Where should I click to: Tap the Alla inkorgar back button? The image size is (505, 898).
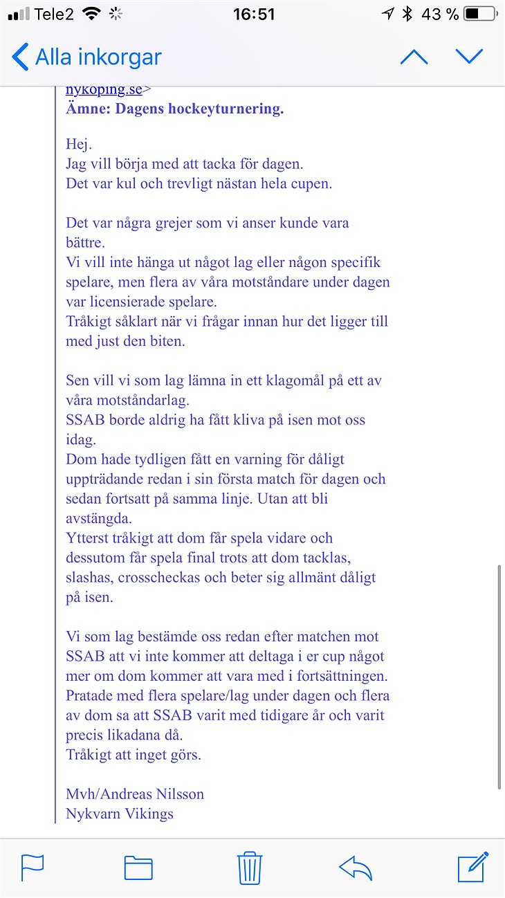86,57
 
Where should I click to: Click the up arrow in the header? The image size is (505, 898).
414,57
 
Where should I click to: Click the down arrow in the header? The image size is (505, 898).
469,57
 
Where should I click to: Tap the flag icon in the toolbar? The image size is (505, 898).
33,867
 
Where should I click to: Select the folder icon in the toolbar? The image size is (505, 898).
138,867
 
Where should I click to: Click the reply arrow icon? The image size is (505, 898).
356,867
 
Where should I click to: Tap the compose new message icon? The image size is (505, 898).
473,867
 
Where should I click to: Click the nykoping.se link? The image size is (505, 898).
104,89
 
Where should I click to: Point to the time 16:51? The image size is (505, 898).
253,15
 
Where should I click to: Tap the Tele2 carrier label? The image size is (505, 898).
54,15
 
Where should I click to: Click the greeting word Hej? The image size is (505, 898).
79,145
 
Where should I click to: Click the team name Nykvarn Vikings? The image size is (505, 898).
120,814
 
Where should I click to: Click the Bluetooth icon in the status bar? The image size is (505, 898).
407,15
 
